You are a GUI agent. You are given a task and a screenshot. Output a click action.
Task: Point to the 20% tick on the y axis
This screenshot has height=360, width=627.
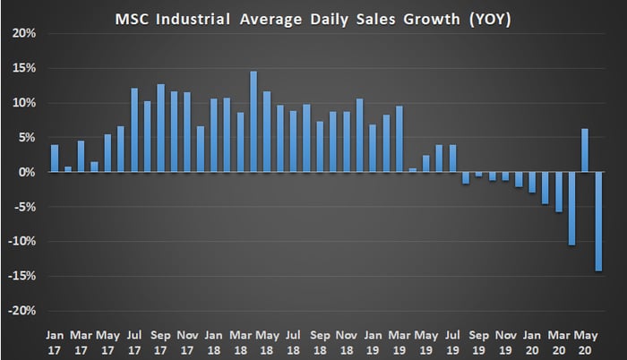pyautogui.click(x=24, y=33)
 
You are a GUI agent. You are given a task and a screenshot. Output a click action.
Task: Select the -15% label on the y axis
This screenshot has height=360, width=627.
pyautogui.click(x=21, y=276)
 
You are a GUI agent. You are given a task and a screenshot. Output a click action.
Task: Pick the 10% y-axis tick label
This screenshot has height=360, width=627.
pyautogui.click(x=24, y=103)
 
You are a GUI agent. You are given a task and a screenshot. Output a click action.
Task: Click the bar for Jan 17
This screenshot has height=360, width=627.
pyautogui.click(x=55, y=159)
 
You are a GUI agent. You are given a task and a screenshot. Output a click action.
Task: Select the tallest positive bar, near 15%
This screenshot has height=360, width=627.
pyautogui.click(x=253, y=122)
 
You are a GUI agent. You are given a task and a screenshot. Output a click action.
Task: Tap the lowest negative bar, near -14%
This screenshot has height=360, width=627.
pyautogui.click(x=597, y=221)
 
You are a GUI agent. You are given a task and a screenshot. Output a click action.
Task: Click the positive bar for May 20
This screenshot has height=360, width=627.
pyautogui.click(x=584, y=150)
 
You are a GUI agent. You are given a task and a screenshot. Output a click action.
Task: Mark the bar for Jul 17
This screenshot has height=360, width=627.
pyautogui.click(x=134, y=130)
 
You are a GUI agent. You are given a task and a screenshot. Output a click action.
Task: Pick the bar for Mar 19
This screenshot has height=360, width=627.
pyautogui.click(x=399, y=139)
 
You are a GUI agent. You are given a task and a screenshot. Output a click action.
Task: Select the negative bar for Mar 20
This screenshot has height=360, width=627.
pyautogui.click(x=558, y=192)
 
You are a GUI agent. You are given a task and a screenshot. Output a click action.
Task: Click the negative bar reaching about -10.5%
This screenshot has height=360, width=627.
pyautogui.click(x=571, y=208)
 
